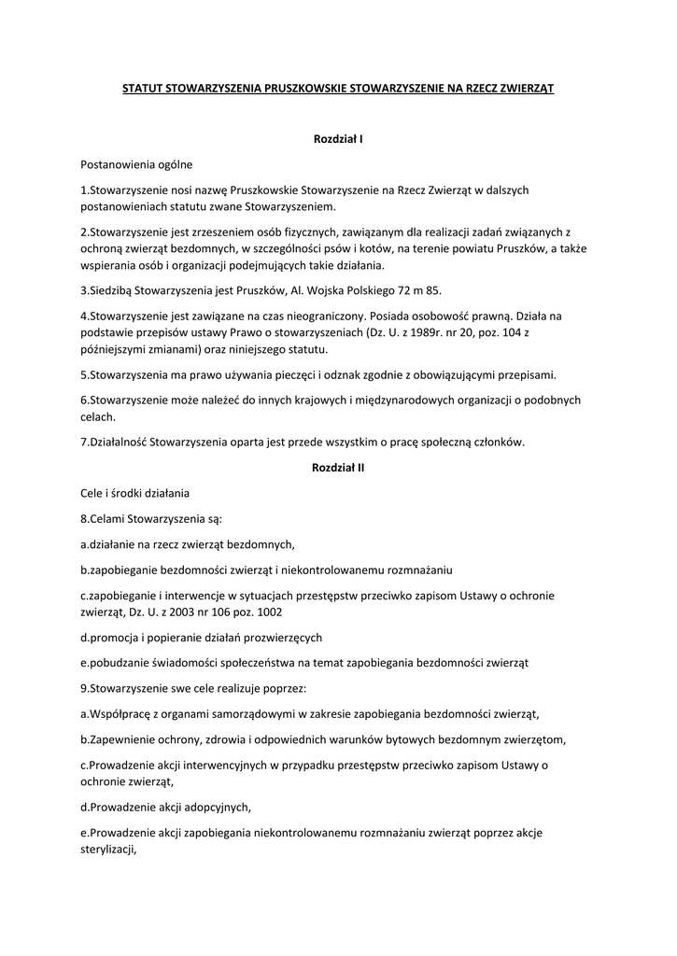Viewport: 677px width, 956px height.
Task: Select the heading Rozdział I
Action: pos(338,139)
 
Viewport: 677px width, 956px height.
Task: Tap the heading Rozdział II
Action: pos(338,468)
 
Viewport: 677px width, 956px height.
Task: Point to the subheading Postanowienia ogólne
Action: pos(136,164)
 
